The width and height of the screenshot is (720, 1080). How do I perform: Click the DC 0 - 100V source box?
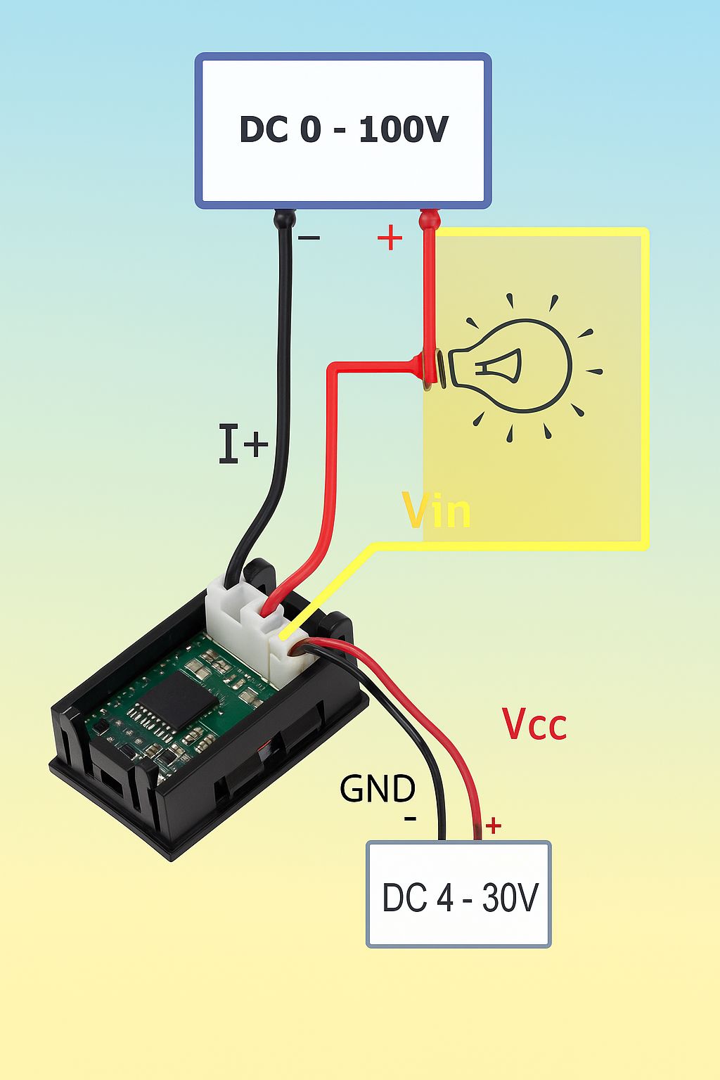pos(343,130)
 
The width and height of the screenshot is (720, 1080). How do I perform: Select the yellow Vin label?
pos(437,510)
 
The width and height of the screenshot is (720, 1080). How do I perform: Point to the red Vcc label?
pos(534,724)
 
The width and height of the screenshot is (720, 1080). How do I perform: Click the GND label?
pos(377,789)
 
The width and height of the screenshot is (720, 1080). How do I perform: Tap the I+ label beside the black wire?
pos(243,444)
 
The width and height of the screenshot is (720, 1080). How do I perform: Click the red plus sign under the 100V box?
pos(390,237)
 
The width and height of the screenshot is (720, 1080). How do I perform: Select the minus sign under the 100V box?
pos(309,237)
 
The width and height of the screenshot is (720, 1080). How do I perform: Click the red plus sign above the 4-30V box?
pos(494,826)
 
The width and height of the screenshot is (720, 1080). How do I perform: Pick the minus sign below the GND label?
pos(410,818)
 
